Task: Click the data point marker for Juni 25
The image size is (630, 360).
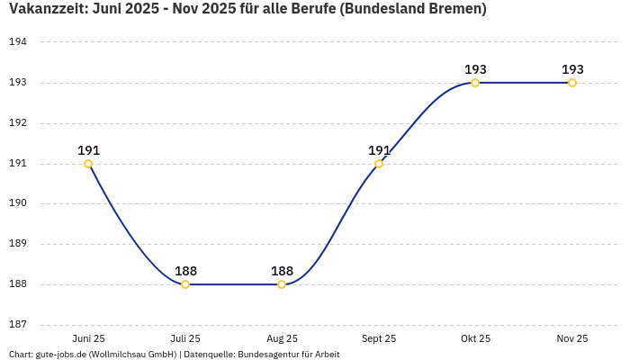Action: [x=88, y=164]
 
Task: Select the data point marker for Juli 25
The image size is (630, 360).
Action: [x=185, y=284]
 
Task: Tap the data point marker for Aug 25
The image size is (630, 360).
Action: [x=282, y=284]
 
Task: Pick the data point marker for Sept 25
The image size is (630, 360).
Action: [x=379, y=164]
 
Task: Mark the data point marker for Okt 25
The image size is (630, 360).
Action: [x=475, y=83]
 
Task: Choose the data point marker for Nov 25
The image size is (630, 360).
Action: [x=572, y=83]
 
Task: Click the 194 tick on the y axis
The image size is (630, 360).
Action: [x=18, y=42]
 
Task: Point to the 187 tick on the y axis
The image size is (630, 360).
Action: [x=18, y=325]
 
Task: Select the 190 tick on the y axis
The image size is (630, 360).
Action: [x=18, y=203]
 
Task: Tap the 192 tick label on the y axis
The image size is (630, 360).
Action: [x=18, y=123]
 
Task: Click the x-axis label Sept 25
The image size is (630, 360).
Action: [x=379, y=338]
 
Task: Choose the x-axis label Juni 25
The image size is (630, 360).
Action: [x=88, y=338]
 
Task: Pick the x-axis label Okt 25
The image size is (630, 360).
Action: [x=475, y=338]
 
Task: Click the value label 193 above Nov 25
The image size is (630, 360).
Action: [x=572, y=69]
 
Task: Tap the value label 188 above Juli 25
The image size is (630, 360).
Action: [x=185, y=271]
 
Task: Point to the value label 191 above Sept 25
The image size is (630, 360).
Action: [x=379, y=150]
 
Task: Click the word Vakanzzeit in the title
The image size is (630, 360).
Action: [x=47, y=9]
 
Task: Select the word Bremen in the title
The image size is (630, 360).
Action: [x=454, y=9]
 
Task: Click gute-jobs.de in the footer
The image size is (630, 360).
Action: [x=60, y=355]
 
